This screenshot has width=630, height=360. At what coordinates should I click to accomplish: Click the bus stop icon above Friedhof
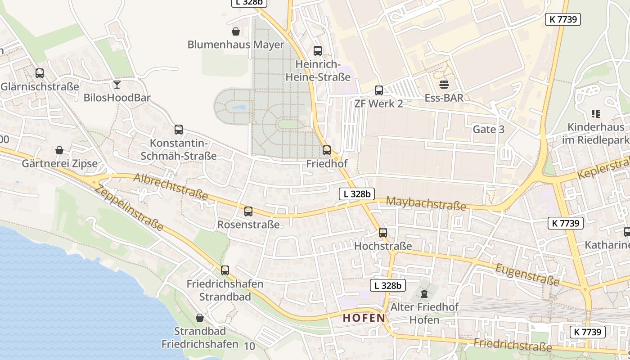click(327, 150)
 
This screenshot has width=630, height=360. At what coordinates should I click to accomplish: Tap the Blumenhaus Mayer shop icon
click(235, 31)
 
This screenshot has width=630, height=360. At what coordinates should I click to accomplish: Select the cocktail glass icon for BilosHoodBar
click(117, 84)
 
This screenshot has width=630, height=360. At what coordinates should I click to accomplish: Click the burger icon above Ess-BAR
click(444, 84)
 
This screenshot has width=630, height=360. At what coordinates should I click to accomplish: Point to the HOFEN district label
click(364, 318)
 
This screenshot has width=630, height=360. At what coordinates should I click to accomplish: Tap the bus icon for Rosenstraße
click(248, 211)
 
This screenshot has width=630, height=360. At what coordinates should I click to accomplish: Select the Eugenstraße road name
click(527, 275)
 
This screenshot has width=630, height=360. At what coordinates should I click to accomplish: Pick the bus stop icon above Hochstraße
click(383, 233)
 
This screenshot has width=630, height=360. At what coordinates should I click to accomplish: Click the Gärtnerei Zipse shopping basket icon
click(59, 150)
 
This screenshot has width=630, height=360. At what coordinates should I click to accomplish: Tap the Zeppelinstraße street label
click(130, 208)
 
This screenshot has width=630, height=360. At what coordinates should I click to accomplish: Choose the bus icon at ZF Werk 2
click(379, 90)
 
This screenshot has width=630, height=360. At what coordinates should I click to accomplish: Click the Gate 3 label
click(488, 130)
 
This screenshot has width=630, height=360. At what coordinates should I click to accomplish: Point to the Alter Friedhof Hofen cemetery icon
click(424, 294)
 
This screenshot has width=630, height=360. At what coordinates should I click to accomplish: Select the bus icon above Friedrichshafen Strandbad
click(225, 270)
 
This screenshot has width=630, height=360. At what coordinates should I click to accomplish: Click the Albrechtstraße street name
click(171, 186)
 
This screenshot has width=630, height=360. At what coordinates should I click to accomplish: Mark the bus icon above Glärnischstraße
click(40, 73)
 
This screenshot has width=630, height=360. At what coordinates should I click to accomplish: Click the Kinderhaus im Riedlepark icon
click(596, 114)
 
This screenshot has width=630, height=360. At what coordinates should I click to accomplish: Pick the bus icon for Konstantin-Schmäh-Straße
click(179, 130)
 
